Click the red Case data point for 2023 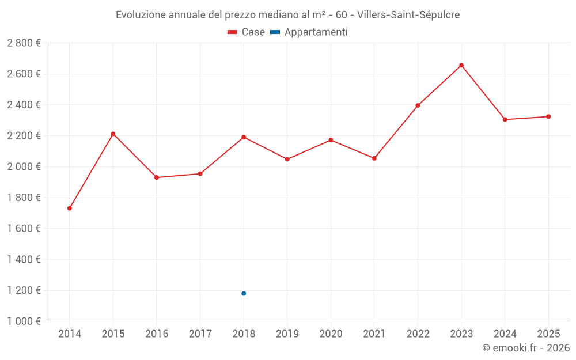[461, 66]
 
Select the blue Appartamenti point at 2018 [244, 294]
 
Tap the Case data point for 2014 [70, 209]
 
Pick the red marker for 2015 [113, 134]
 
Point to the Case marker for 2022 [418, 105]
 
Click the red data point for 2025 [548, 117]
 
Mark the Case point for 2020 [331, 140]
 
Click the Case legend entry [247, 32]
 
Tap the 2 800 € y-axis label [24, 43]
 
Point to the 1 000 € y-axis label [24, 321]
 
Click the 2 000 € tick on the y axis [24, 167]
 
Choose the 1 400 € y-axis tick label [24, 260]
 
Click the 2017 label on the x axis [200, 334]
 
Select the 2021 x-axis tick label [374, 334]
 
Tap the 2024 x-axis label [505, 334]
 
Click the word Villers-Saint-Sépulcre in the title [408, 15]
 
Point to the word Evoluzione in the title [141, 15]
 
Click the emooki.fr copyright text [526, 348]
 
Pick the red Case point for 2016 [157, 177]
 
